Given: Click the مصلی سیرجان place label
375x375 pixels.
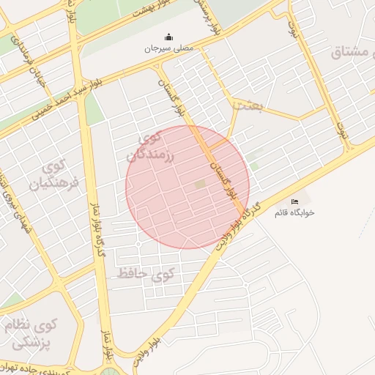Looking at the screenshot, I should [170, 48].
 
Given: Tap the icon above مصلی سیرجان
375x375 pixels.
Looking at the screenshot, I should [170, 37].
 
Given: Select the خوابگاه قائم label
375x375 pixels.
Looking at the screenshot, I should [294, 212].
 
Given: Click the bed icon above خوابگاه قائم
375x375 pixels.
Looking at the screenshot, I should [294, 201].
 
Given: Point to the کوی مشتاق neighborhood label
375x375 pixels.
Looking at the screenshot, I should [352, 52].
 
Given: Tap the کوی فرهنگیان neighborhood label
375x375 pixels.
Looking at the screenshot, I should [48, 176].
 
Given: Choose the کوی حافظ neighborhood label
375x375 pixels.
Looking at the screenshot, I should [147, 274].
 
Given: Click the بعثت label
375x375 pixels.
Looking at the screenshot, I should [246, 105].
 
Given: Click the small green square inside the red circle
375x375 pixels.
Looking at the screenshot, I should [200, 185].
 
